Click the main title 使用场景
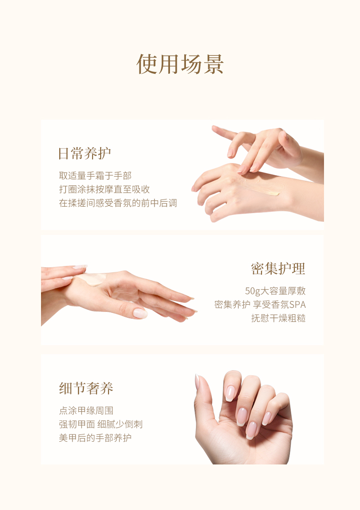click(x=180, y=64)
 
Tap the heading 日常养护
click(x=85, y=153)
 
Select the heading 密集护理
click(x=278, y=269)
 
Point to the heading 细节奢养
click(x=86, y=388)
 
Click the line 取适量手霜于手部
click(x=95, y=176)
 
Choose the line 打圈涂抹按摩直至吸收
click(x=104, y=189)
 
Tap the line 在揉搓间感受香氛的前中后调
click(x=118, y=203)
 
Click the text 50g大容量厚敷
click(x=275, y=291)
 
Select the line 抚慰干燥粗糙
click(x=278, y=318)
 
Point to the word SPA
click(x=298, y=305)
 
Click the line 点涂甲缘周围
click(x=86, y=410)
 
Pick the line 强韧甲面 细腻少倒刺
click(x=101, y=424)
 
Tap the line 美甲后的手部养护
click(x=95, y=438)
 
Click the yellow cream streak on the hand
click(x=260, y=188)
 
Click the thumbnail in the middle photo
click(x=140, y=313)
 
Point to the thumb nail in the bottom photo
click(x=197, y=382)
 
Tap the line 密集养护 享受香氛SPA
click(x=260, y=305)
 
